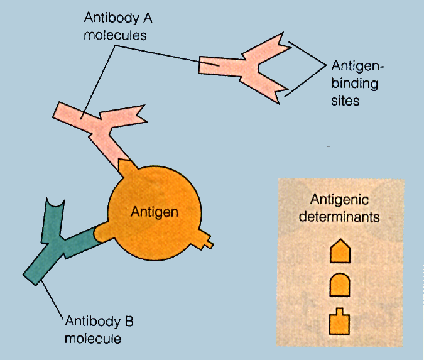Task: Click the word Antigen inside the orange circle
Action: pos(155,212)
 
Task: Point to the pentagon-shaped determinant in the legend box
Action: pos(340,252)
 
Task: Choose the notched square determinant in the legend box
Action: pos(340,322)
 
